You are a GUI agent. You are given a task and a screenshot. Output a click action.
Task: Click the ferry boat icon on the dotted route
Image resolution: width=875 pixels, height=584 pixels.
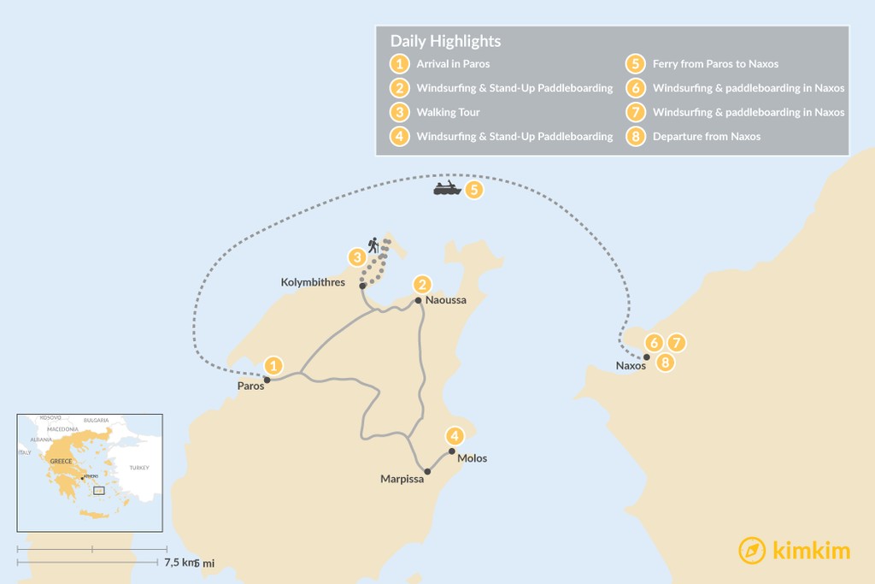coord(447,188)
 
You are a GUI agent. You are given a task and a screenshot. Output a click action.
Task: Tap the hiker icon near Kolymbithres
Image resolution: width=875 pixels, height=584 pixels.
coord(373,245)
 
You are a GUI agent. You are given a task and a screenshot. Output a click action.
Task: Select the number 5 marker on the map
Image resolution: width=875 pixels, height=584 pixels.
coord(473,189)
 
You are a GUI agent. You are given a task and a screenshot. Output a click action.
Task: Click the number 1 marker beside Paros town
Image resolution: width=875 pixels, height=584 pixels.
coord(273,366)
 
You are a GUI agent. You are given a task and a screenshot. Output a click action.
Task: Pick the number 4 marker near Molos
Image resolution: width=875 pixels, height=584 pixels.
coord(455,435)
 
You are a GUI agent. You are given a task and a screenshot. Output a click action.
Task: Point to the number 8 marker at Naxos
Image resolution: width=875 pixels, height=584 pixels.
coord(666,363)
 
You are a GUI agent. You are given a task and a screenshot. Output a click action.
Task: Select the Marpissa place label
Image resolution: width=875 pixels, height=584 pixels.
coord(401,479)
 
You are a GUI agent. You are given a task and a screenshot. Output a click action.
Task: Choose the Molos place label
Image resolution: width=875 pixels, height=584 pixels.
coord(473,458)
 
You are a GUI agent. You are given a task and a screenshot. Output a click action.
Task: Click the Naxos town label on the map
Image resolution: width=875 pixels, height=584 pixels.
coord(631,366)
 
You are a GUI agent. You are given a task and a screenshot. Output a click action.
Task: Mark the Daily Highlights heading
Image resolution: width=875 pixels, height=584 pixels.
coord(445,41)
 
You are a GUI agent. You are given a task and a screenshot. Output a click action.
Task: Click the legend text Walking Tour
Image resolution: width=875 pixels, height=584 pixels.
coord(448,112)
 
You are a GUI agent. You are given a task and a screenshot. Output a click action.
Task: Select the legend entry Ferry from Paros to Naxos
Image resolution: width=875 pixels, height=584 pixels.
coord(715,64)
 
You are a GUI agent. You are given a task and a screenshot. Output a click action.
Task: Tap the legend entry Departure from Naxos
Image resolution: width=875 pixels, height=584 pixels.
coord(706,136)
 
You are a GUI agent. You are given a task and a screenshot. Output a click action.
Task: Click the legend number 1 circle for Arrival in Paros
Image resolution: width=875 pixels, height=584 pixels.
coord(397,64)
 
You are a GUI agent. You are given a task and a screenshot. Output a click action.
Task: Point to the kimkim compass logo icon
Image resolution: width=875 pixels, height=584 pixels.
coord(752,551)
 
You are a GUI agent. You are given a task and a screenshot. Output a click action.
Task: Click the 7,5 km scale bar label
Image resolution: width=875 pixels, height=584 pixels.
coord(176,562)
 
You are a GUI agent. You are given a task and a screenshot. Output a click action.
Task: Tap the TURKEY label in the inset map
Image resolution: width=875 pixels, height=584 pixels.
coord(138,468)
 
